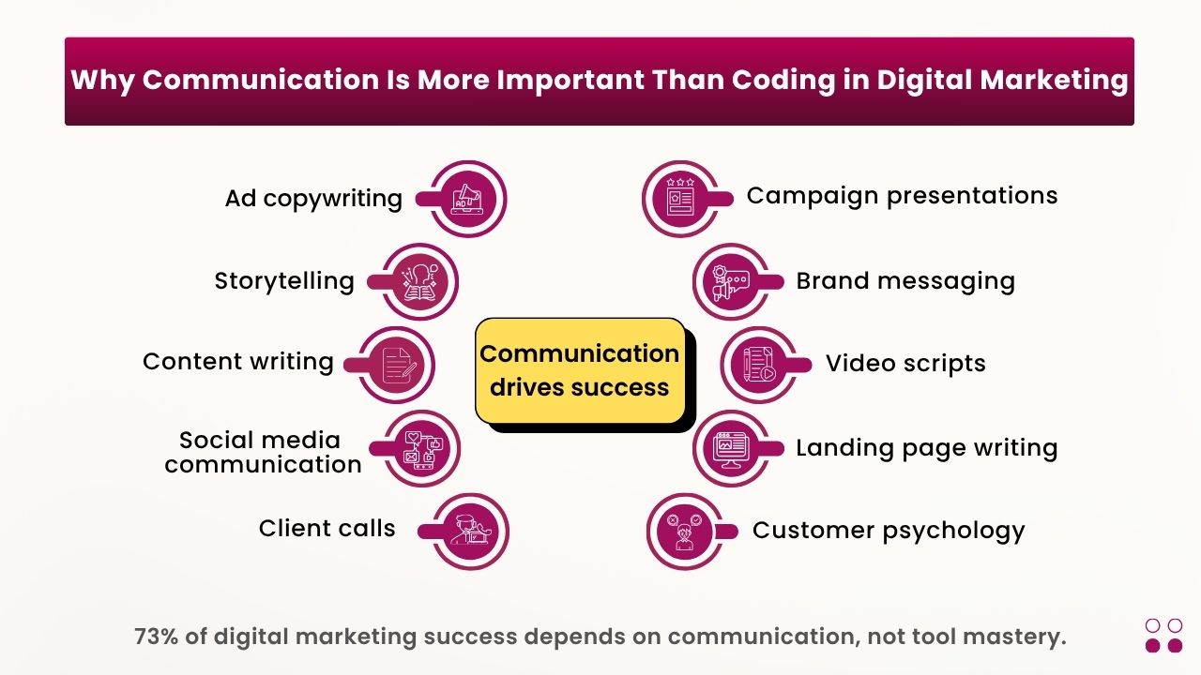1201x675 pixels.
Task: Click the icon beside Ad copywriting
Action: (x=467, y=199)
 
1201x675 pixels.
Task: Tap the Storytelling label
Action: (x=284, y=281)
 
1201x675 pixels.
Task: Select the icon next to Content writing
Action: (x=397, y=365)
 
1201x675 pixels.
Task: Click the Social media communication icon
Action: (x=421, y=448)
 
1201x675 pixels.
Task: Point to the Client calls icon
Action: (x=468, y=532)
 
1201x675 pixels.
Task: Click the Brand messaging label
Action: (x=905, y=281)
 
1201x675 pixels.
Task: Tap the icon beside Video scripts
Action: (x=758, y=365)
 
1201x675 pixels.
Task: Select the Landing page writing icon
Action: (x=731, y=448)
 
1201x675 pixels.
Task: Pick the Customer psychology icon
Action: (x=684, y=532)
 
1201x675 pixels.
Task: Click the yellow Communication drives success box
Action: (x=580, y=370)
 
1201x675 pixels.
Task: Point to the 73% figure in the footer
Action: (x=156, y=637)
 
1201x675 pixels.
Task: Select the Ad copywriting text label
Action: (x=313, y=199)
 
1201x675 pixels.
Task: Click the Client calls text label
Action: (x=327, y=529)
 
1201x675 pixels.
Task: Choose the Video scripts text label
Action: (x=905, y=364)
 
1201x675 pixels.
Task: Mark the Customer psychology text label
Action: (x=889, y=532)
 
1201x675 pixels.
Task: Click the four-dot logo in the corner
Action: (x=1163, y=635)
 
